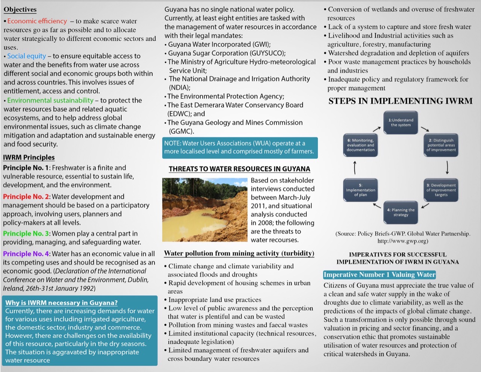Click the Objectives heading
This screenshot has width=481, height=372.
[x=20, y=9]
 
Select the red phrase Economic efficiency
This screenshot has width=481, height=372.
[x=37, y=21]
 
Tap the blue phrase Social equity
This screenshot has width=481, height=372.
[x=26, y=56]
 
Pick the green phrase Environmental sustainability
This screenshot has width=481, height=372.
[x=50, y=100]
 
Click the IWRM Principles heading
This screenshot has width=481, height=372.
[x=29, y=157]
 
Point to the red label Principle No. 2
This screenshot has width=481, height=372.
[x=26, y=197]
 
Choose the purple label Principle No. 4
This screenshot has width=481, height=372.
[x=26, y=254]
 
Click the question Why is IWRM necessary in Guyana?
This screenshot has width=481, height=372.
[x=61, y=303]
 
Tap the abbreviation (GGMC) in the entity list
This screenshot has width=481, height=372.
[x=181, y=131]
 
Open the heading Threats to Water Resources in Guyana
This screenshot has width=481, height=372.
[x=239, y=169]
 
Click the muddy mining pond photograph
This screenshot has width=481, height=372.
[x=205, y=210]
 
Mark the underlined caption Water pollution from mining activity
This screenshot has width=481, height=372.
[x=239, y=253]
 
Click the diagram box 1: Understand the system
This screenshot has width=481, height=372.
[x=401, y=123]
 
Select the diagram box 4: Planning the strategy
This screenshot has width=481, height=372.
[x=401, y=212]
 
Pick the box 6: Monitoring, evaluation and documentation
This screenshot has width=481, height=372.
[x=360, y=145]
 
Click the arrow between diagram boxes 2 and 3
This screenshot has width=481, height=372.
[x=447, y=167]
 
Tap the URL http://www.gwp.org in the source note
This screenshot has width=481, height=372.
[x=402, y=241]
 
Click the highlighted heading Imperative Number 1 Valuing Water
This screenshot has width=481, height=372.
[x=379, y=275]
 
